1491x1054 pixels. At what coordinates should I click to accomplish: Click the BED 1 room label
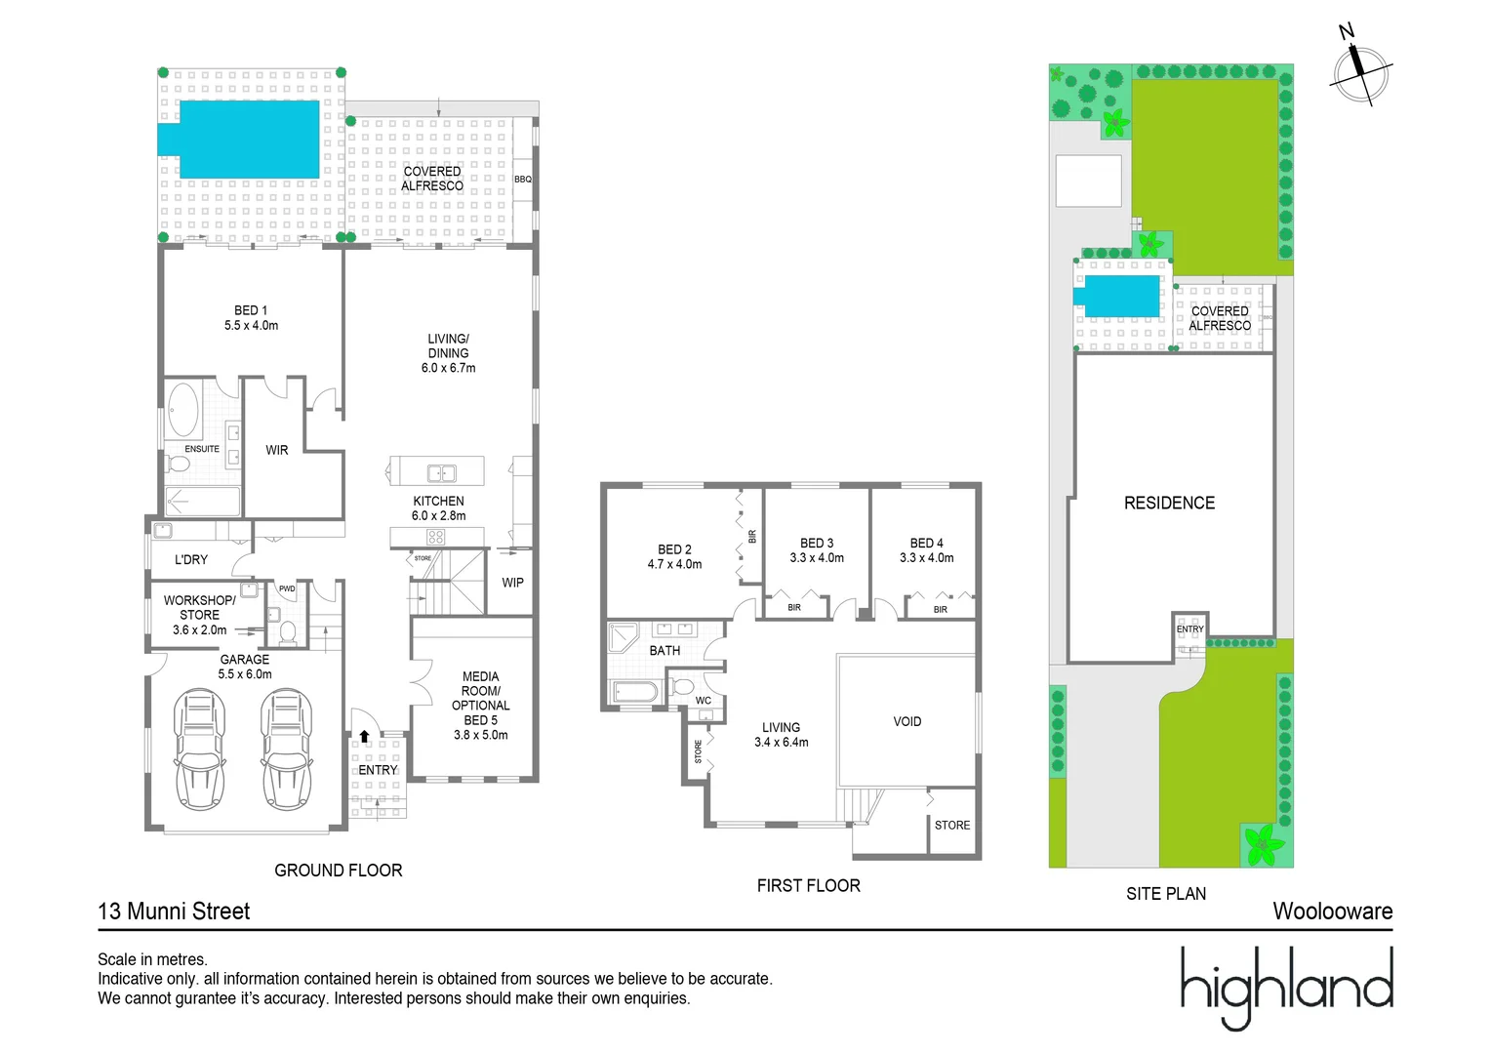coord(251,310)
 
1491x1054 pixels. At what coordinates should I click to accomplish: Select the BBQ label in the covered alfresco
coord(523,180)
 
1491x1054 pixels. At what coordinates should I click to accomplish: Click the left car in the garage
coord(200,749)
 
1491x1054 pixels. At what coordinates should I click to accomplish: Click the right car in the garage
coord(287,749)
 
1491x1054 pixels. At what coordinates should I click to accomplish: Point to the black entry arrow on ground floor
coord(364,737)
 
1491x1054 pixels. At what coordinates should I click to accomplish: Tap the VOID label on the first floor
coord(907,722)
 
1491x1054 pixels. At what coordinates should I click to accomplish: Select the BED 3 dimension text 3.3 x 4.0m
coord(817,558)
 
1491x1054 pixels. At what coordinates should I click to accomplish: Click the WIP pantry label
coord(512,583)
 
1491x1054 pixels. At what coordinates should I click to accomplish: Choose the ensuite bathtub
coord(182,410)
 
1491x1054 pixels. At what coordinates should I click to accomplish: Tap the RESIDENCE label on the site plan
coord(1169,504)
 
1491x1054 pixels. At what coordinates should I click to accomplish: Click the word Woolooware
coord(1332,912)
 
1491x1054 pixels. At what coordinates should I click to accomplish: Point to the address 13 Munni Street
coord(174,912)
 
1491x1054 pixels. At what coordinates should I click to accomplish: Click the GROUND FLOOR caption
coord(338,871)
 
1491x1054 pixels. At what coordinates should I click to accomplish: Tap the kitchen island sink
coord(442,473)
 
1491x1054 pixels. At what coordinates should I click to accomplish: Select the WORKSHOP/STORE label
coord(199,608)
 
